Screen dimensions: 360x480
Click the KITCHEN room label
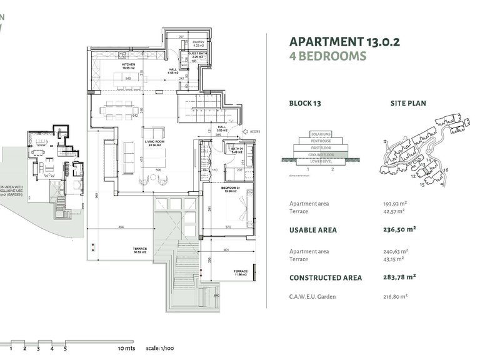pos(129,66)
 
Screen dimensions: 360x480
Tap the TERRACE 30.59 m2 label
pos(139,251)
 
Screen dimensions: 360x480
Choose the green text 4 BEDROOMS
pos(327,56)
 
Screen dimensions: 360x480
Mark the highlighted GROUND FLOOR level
pos(319,154)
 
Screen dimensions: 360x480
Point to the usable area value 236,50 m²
pos(399,229)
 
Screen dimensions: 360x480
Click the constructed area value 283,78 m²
pos(399,277)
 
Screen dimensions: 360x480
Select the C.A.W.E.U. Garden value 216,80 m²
pos(395,296)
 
